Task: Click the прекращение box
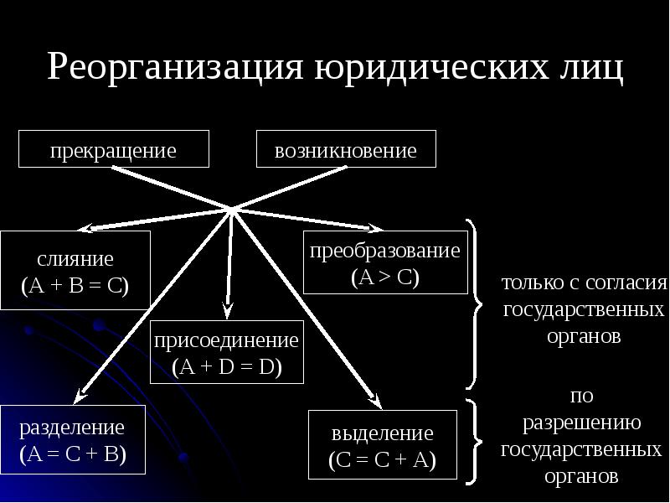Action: click(x=113, y=151)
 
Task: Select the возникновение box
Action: click(x=346, y=151)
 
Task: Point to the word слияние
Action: click(x=75, y=260)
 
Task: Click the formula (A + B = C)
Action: click(x=75, y=284)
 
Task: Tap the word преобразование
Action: click(x=385, y=251)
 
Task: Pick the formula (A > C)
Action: click(x=385, y=277)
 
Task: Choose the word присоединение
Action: click(x=227, y=341)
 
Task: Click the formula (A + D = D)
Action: click(x=227, y=366)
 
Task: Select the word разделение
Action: click(x=74, y=428)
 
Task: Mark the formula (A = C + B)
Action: click(x=74, y=455)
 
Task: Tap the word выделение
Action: click(x=383, y=433)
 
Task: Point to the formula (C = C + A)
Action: click(x=383, y=460)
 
